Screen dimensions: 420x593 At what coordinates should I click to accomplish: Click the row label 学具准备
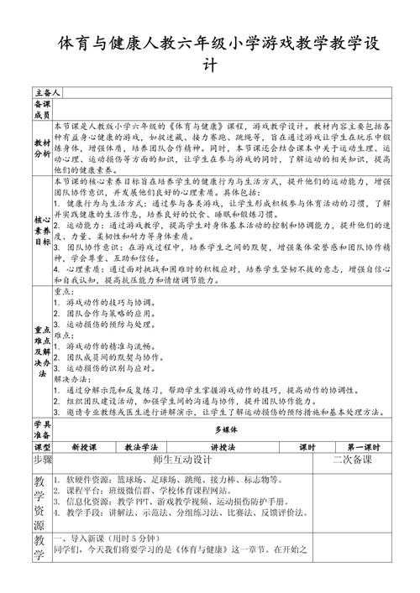tap(42, 429)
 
